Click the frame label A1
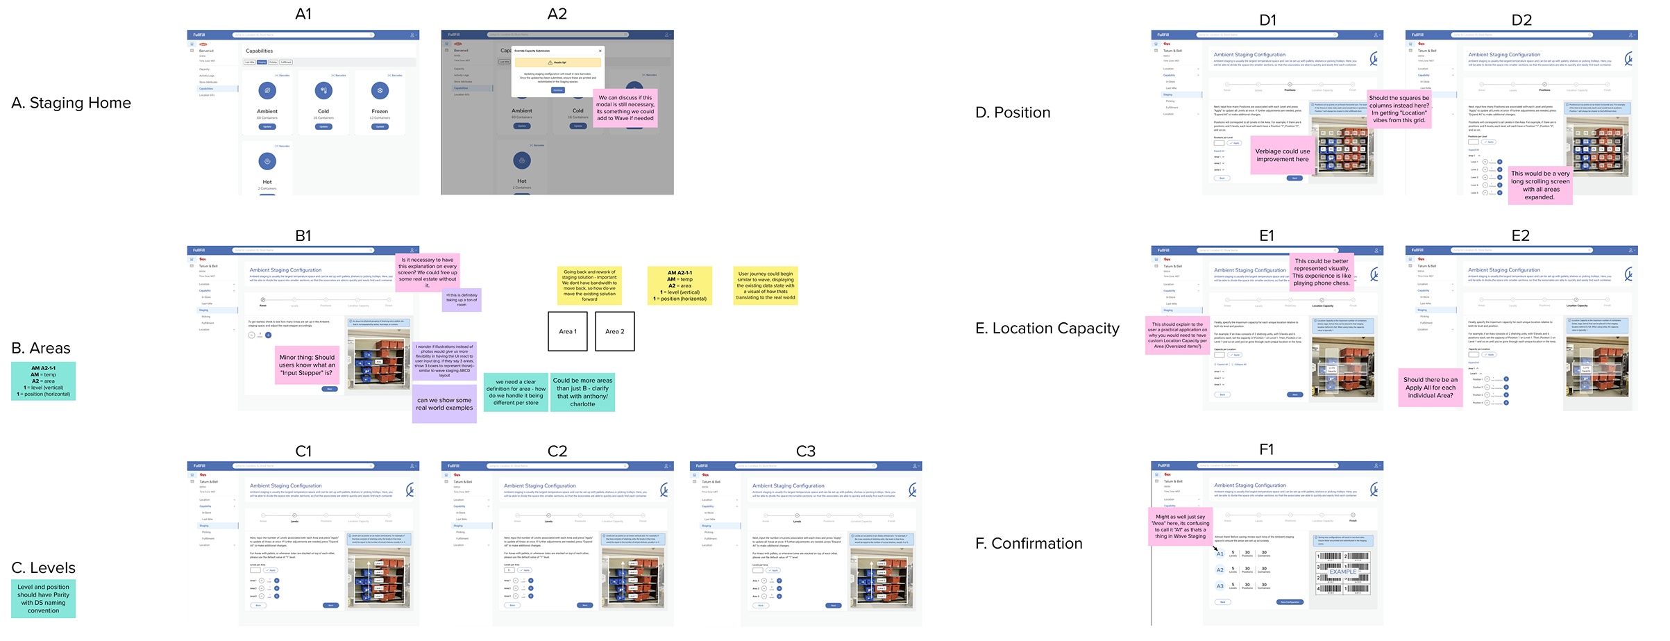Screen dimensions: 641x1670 coord(303,14)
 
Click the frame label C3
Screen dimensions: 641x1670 coord(805,451)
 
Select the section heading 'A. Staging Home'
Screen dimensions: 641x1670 coord(71,103)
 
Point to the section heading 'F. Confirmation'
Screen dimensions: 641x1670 coord(1029,544)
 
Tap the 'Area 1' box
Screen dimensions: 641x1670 coord(568,331)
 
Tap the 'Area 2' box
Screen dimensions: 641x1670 coord(615,331)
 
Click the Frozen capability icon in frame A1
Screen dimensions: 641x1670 coord(380,90)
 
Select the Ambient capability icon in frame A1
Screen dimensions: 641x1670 coord(267,90)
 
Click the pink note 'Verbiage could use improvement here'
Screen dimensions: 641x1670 coord(1282,156)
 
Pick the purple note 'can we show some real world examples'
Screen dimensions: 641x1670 coord(444,404)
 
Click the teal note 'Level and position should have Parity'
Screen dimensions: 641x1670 coord(43,599)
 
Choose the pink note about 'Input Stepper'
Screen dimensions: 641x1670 coord(307,365)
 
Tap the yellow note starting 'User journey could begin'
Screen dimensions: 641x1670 coord(766,285)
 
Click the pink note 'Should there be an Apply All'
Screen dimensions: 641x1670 coord(1430,388)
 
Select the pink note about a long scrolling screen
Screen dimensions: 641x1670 coord(1540,185)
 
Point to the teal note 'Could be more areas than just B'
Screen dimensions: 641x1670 coord(582,392)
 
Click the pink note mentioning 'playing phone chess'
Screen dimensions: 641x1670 coord(1322,272)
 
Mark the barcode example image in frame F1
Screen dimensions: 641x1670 coord(1342,573)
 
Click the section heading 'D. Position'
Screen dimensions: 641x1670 coord(1013,113)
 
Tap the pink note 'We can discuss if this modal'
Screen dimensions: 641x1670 coord(625,108)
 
